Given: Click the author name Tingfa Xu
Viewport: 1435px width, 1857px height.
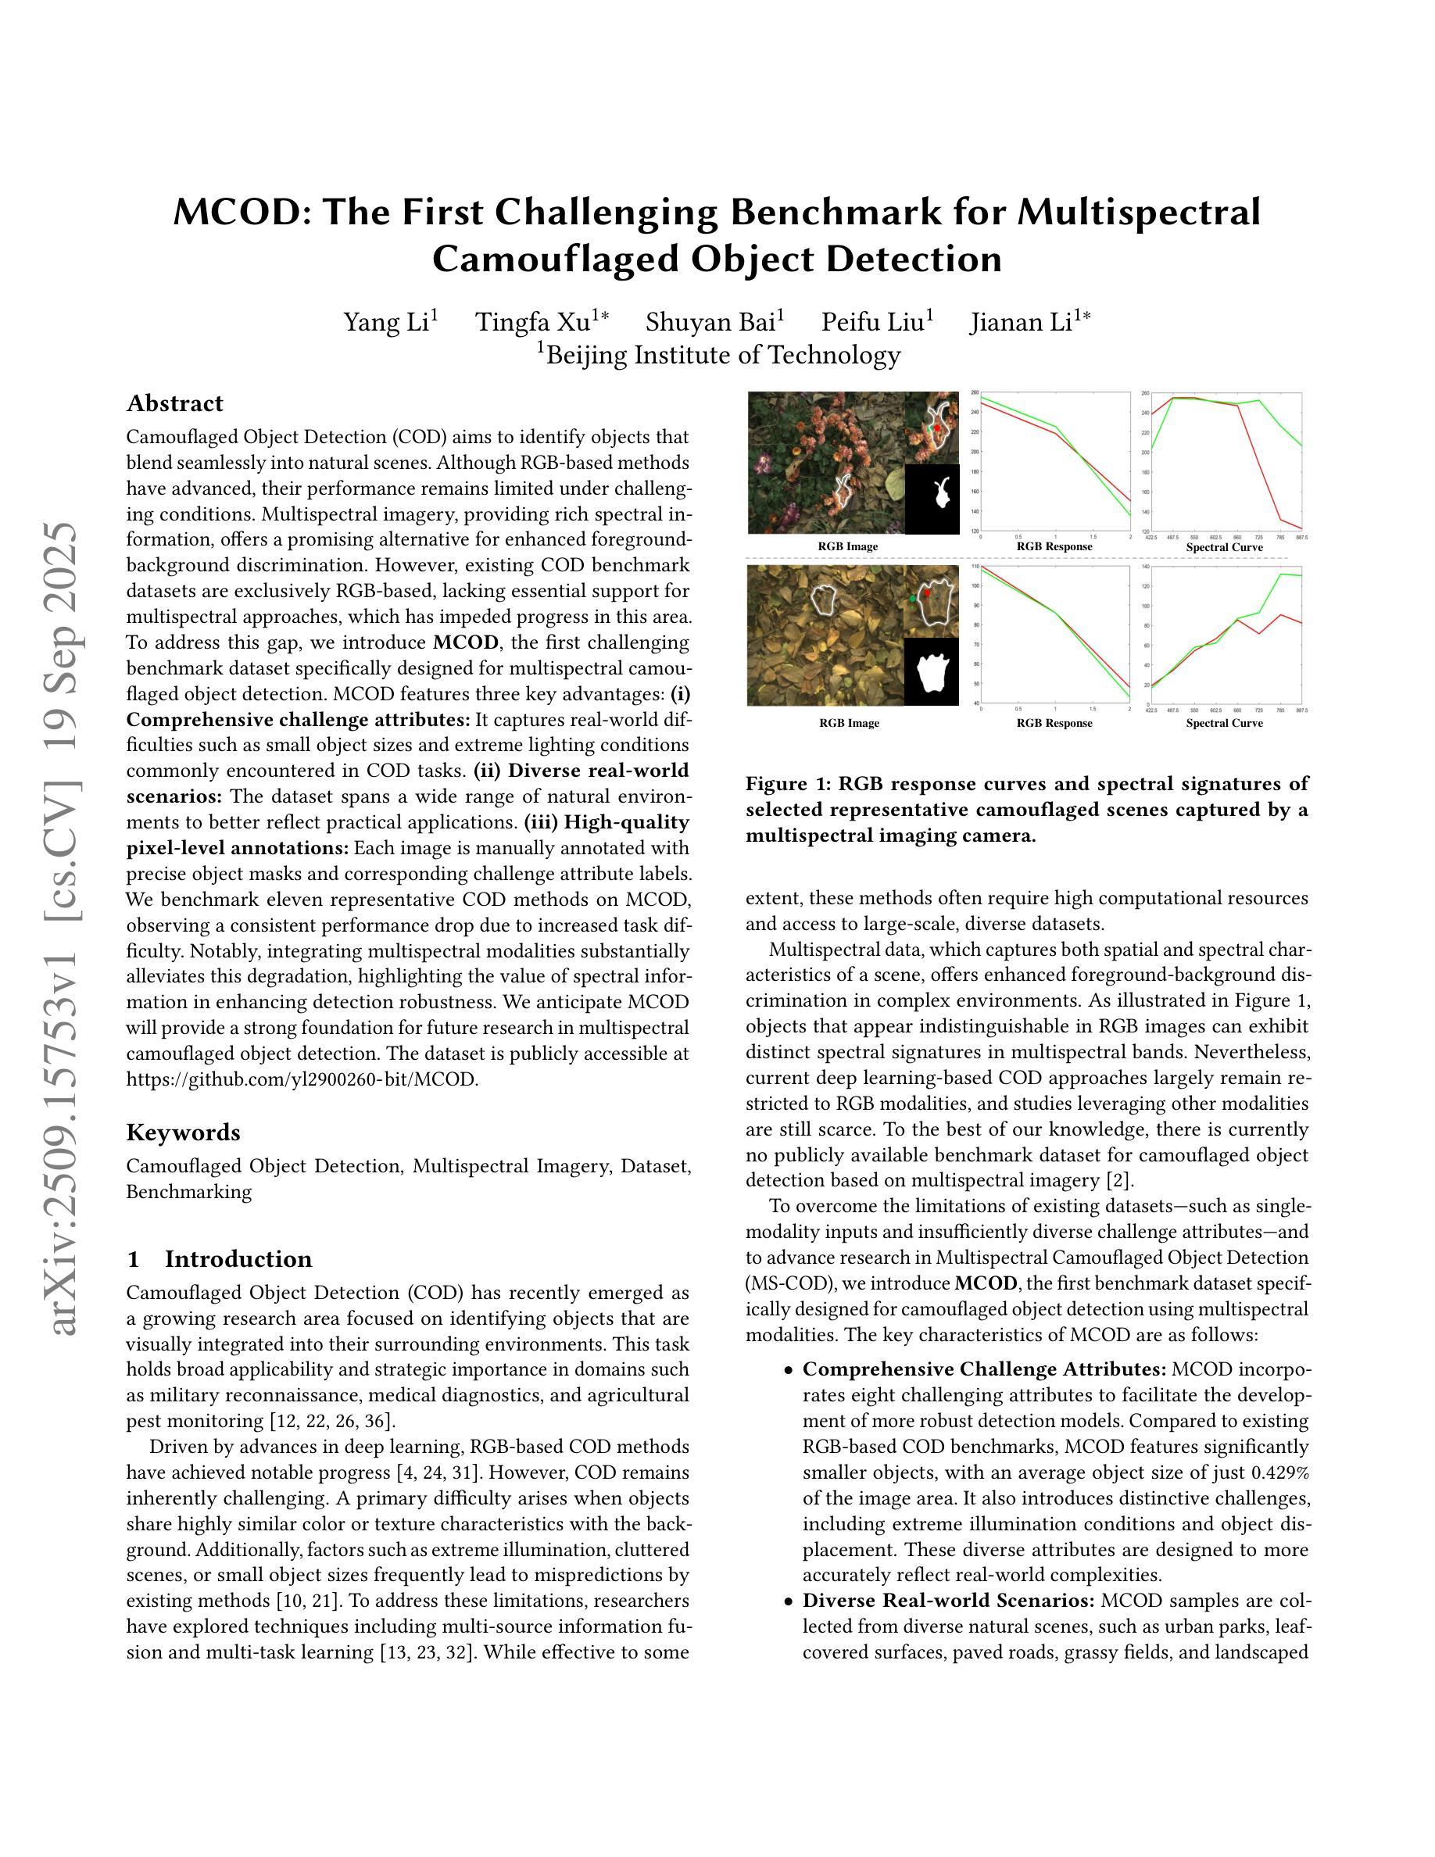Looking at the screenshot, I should coord(531,322).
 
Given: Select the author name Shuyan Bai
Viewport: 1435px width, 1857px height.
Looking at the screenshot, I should coord(710,322).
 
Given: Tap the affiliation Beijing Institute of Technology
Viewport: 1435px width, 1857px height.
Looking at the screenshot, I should coord(723,355).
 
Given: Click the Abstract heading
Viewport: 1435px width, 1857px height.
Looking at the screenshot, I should coord(174,403).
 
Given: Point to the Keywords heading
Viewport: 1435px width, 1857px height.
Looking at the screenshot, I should coord(183,1132).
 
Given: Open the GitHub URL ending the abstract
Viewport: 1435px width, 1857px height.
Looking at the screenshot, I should coord(302,1080).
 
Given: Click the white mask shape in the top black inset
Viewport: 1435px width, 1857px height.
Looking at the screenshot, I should coord(941,493).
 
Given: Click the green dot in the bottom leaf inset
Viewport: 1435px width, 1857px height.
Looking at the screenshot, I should coord(912,600).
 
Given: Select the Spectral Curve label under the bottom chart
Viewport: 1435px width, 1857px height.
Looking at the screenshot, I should coord(1224,724).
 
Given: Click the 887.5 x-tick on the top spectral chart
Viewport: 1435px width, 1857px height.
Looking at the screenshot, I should coord(1301,538).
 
